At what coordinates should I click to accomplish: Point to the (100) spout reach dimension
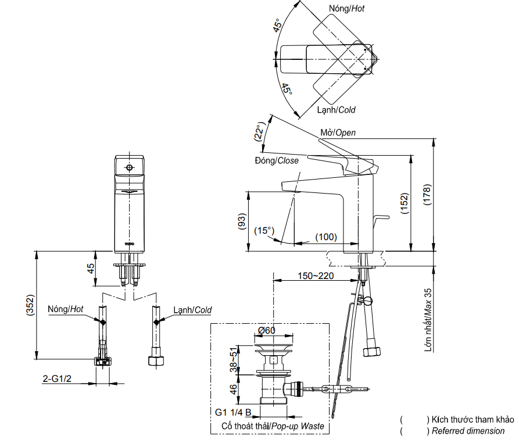[326, 237]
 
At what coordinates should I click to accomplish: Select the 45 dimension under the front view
[90, 269]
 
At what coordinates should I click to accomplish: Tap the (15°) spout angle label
[264, 231]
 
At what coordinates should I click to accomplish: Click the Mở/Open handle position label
[338, 133]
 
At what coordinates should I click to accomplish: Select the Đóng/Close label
[276, 160]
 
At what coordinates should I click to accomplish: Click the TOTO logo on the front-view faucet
[130, 244]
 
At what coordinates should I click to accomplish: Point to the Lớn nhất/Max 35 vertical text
[428, 320]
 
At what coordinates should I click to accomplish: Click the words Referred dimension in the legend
[468, 431]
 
